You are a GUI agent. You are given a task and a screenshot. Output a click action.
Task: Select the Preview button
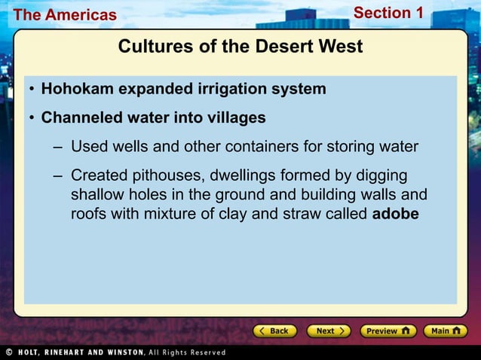388,331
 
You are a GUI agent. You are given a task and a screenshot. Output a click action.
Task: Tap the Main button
446,331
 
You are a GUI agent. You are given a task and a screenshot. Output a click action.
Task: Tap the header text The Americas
65,14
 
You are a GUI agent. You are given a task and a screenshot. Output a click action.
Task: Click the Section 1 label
388,13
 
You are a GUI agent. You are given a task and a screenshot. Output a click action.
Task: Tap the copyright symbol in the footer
8,352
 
